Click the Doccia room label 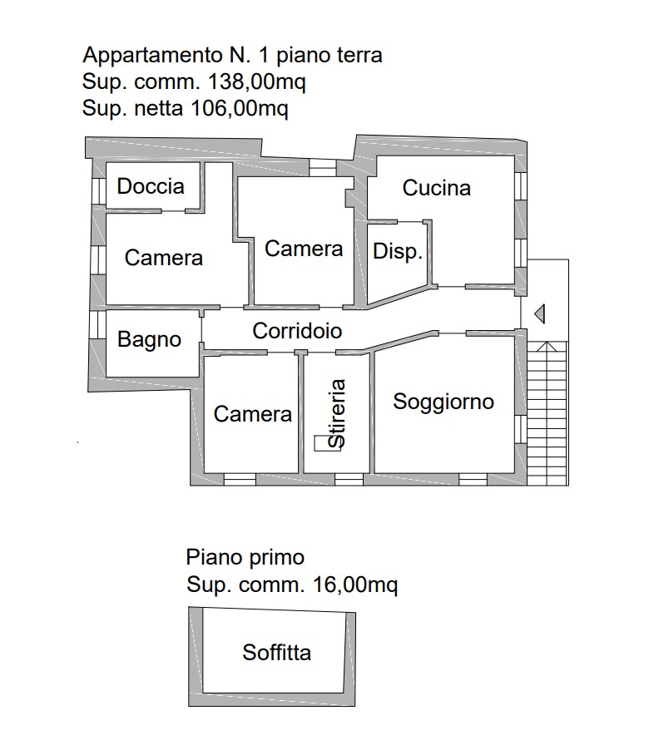[151, 186]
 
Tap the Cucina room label [437, 188]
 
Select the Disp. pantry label [398, 251]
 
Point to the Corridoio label [297, 331]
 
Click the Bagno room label [150, 340]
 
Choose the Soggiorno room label [443, 402]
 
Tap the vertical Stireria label [336, 413]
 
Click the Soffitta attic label [276, 653]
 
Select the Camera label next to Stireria [253, 414]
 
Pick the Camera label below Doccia [163, 258]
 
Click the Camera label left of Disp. [304, 249]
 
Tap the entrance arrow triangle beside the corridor [540, 314]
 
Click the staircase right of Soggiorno [548, 413]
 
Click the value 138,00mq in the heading [257, 82]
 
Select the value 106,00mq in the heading [240, 108]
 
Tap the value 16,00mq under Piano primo [355, 585]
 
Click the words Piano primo [245, 558]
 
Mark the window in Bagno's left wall [98, 324]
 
